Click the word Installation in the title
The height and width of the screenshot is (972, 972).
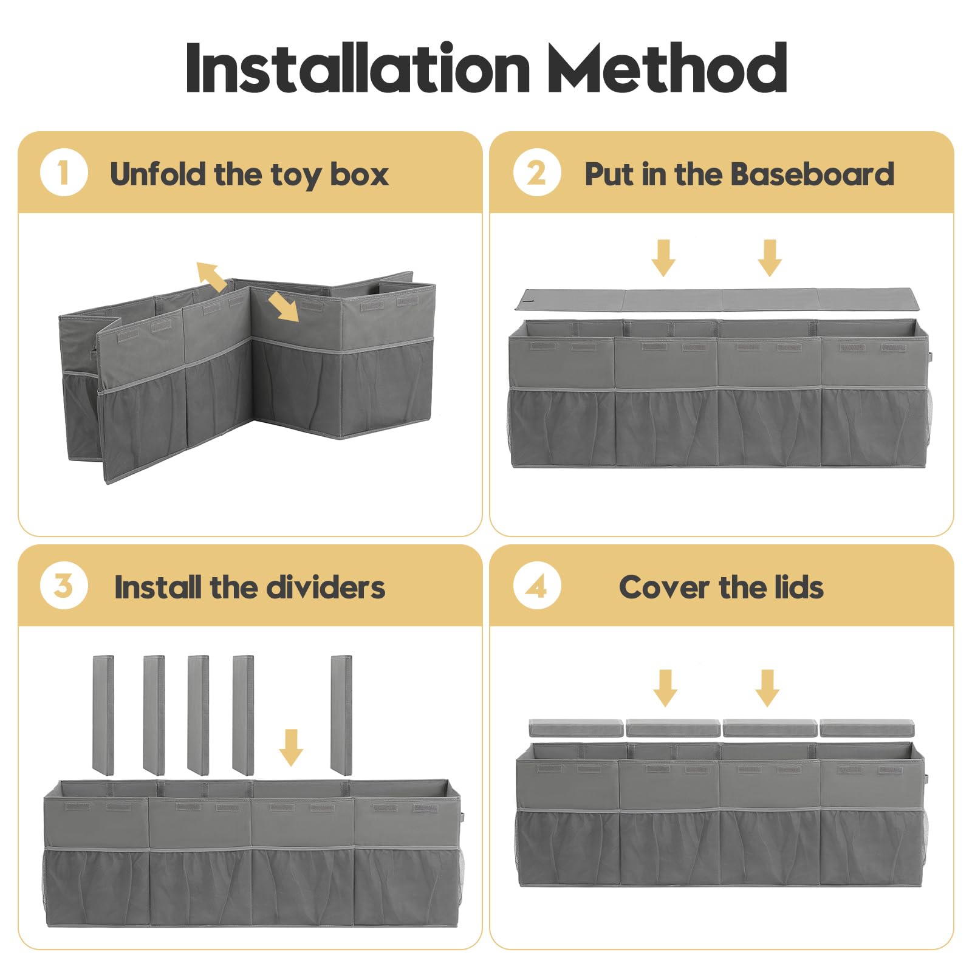tap(358, 67)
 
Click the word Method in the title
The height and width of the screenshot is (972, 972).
tap(667, 67)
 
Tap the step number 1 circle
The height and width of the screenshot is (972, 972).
tap(64, 173)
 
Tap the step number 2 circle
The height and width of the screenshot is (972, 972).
tap(537, 173)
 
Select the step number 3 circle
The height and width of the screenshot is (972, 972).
tap(64, 586)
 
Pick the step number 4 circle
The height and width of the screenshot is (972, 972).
tap(537, 586)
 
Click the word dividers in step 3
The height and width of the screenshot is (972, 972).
tap(325, 587)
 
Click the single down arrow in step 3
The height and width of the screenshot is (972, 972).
tap(291, 747)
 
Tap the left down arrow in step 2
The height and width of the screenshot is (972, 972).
tap(663, 258)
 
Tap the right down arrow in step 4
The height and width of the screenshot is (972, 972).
tap(767, 688)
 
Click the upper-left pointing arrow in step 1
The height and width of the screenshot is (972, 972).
tap(211, 276)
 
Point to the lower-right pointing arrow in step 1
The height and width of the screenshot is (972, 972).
tap(283, 306)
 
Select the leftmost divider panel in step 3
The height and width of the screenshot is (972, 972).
tap(103, 715)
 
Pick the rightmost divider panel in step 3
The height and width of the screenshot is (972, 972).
tap(341, 715)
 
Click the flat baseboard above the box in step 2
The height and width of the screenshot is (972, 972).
tap(717, 299)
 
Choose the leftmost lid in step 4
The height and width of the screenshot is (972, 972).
tap(577, 728)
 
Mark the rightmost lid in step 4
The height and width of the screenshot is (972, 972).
tap(867, 728)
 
